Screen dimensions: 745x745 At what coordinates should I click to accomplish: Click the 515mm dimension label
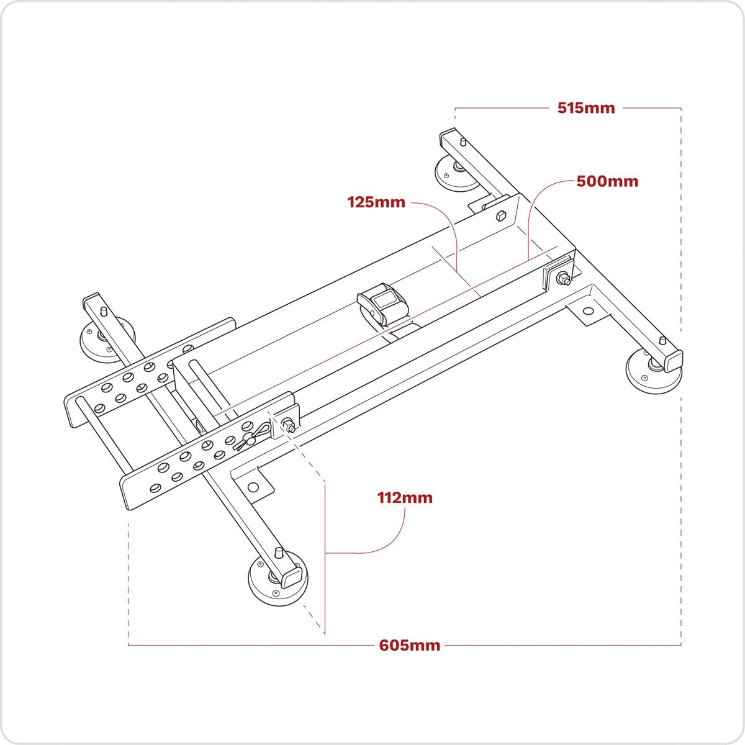585,108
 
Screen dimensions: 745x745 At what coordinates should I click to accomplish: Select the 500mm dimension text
607,181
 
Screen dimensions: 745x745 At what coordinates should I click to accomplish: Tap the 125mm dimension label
376,202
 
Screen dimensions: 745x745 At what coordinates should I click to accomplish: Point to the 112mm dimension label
405,497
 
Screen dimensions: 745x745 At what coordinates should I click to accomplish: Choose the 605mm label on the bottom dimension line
410,645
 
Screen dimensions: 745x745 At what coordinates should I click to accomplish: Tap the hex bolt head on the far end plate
500,216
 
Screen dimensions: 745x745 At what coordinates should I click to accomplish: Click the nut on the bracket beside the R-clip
289,425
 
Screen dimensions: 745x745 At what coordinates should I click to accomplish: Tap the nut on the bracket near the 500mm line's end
562,279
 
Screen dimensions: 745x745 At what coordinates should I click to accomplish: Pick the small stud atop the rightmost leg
662,341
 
